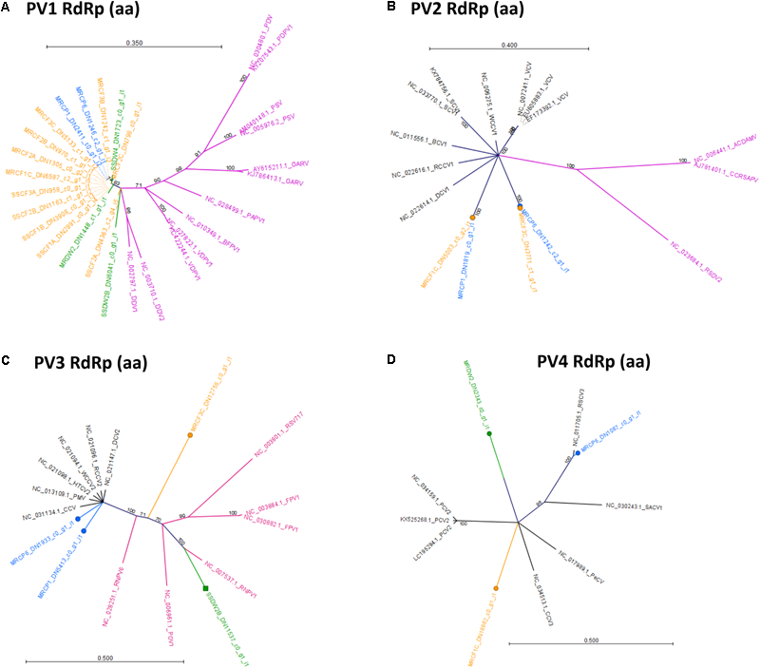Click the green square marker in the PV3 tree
[205, 590]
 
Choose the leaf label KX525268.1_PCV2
[426, 521]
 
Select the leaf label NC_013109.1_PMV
[48, 496]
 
